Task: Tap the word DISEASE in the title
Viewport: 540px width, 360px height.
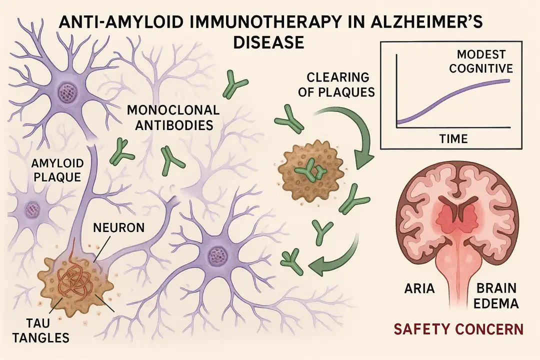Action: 268,42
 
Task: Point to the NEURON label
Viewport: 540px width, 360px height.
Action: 119,227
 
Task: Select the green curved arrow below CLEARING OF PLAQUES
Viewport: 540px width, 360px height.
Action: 360,135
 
